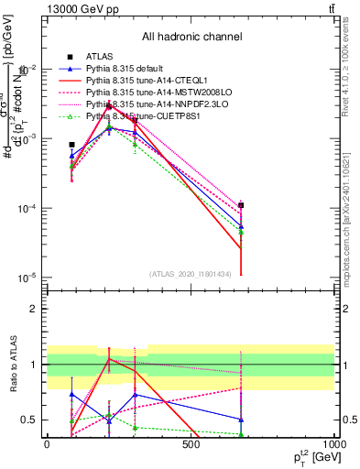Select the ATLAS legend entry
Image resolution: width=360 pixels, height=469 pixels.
(101, 57)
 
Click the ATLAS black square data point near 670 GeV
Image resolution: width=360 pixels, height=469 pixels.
(241, 205)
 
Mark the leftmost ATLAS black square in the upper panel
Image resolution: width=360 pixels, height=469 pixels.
(72, 145)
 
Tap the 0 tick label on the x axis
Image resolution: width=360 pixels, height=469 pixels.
(47, 444)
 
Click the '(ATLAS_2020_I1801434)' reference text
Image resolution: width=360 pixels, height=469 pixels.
(191, 273)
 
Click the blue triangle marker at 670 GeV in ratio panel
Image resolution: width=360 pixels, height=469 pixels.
(241, 420)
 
